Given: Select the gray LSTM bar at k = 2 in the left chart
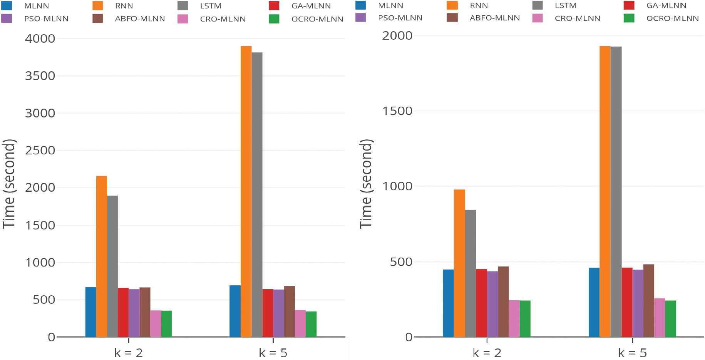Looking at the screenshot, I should [112, 266].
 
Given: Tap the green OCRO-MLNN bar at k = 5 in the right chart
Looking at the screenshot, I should [670, 318].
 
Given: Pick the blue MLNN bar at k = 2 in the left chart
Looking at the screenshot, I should [90, 312].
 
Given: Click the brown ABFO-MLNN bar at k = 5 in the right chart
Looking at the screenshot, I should [648, 300].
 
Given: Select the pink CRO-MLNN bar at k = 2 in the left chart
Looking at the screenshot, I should [156, 323].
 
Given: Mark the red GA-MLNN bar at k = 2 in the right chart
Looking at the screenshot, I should [481, 303].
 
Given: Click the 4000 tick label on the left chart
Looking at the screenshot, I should [40, 39].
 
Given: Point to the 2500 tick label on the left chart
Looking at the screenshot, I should [40, 150].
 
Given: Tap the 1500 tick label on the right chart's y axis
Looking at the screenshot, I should [397, 111].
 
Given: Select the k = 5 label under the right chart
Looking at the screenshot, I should [632, 353].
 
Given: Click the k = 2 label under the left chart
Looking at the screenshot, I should [129, 353].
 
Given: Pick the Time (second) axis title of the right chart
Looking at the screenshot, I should [366, 184].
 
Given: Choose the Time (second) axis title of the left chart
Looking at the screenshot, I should [9, 184].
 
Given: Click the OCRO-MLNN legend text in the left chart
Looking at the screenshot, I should [317, 19].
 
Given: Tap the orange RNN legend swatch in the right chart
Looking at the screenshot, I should [452, 5].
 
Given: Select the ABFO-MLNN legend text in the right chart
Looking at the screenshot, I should [495, 18].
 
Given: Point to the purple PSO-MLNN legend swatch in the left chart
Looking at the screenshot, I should [7, 18].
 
